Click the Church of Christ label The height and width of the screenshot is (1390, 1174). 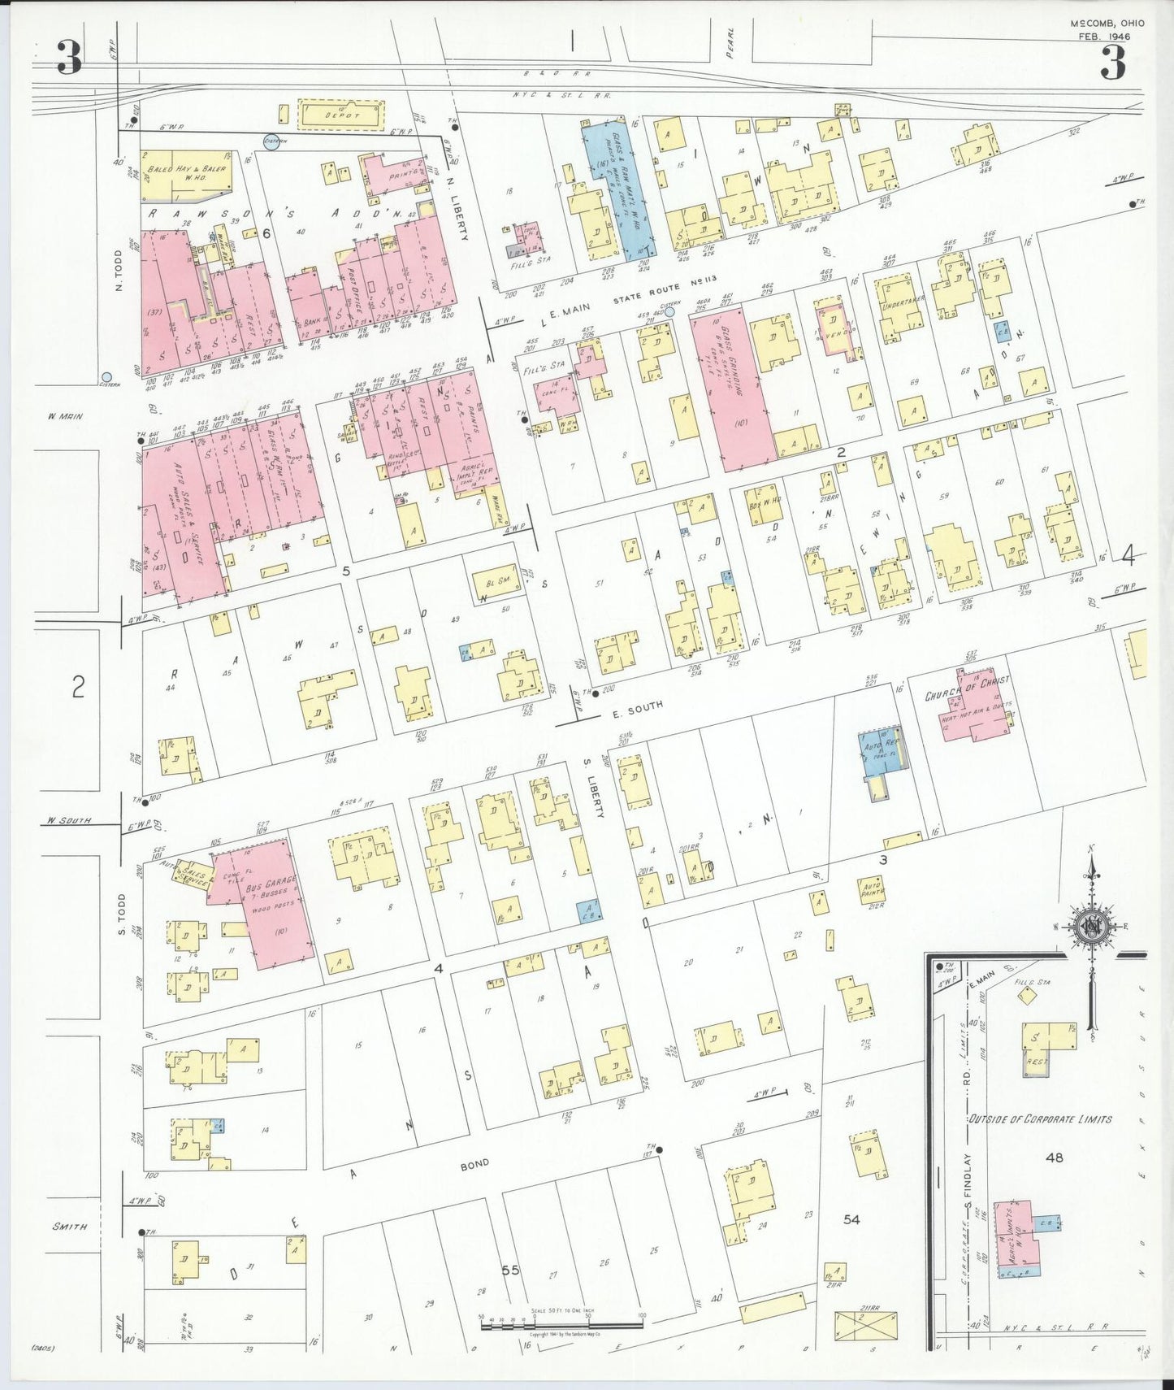click(967, 688)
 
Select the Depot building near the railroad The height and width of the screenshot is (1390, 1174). click(341, 115)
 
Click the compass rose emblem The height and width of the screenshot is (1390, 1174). click(1091, 927)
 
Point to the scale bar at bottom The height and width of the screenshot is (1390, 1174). click(561, 1324)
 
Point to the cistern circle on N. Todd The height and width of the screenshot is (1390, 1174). click(106, 377)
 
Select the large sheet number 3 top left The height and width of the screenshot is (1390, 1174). click(68, 59)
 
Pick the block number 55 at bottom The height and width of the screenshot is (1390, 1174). click(510, 1270)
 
